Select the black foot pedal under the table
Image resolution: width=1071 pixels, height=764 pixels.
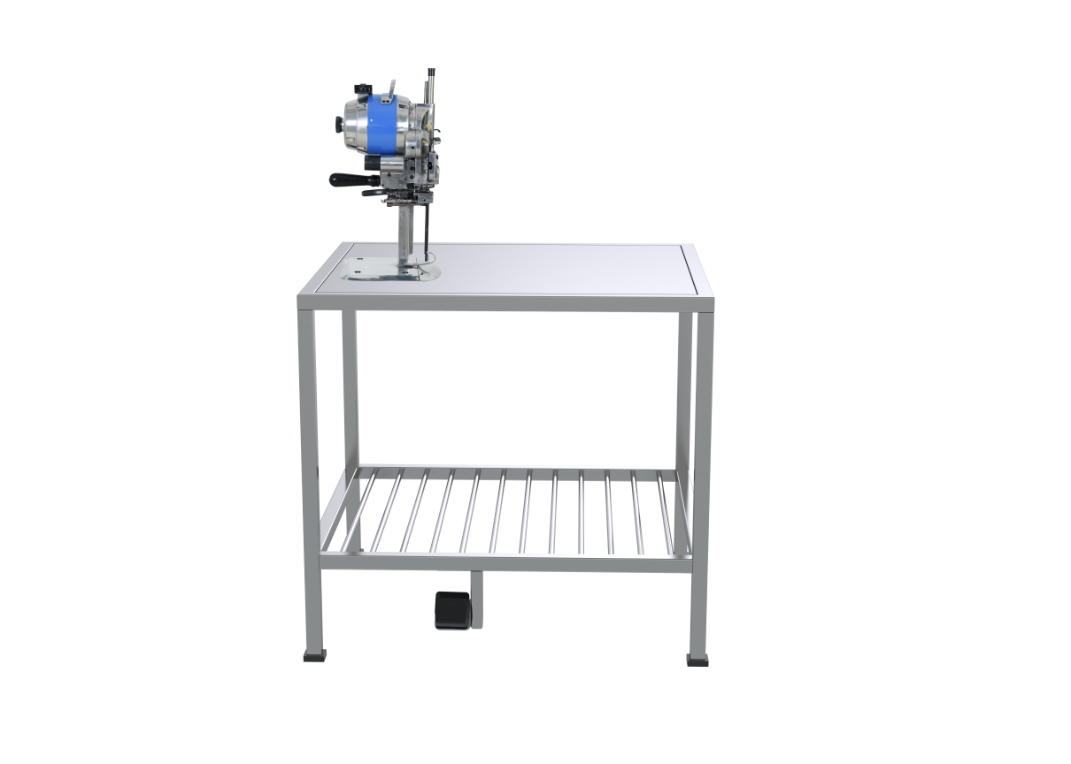[x=451, y=610]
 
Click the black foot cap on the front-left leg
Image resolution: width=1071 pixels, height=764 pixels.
[x=314, y=657]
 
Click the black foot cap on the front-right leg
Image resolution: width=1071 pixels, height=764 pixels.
[x=698, y=659]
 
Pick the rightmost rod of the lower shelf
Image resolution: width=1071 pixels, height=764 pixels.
[x=659, y=508]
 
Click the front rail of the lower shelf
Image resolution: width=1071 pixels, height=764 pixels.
[x=505, y=562]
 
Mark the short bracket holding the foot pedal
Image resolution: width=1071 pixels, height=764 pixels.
[x=476, y=597]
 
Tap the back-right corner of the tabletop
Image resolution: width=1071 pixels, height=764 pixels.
[x=689, y=248]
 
